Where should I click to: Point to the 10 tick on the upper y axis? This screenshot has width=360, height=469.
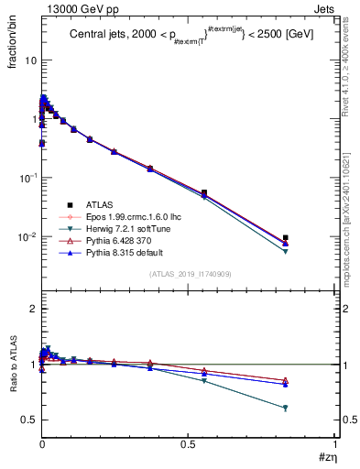pyautogui.click(x=30, y=60)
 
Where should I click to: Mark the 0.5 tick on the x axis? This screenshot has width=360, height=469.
pyautogui.click(x=189, y=443)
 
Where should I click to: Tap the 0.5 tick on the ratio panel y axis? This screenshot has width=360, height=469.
pyautogui.click(x=29, y=420)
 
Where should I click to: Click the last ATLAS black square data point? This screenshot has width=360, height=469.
pyautogui.click(x=286, y=237)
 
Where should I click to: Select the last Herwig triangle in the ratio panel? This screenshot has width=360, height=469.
pyautogui.click(x=286, y=409)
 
